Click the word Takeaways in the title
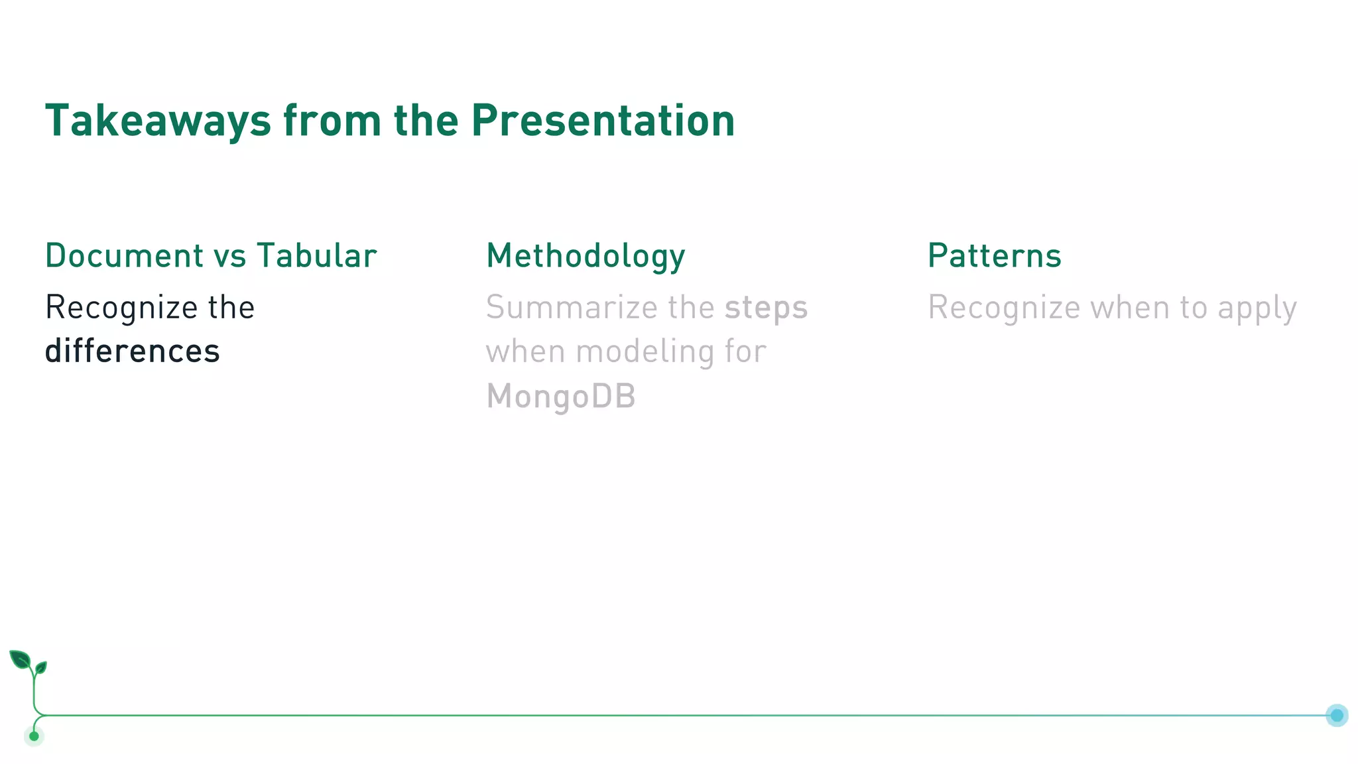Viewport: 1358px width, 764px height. point(158,121)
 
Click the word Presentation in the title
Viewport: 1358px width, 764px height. point(603,121)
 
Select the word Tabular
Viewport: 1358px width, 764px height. point(317,256)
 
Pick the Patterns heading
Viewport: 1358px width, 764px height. point(994,256)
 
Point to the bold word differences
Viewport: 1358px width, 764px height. point(132,351)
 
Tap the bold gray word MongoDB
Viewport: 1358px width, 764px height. point(561,397)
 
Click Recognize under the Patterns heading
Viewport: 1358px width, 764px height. point(1004,308)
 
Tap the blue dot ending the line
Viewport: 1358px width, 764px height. point(1336,716)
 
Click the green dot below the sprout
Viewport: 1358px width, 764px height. point(34,736)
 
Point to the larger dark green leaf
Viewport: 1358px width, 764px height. point(20,660)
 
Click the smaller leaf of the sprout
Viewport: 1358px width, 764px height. point(41,667)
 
